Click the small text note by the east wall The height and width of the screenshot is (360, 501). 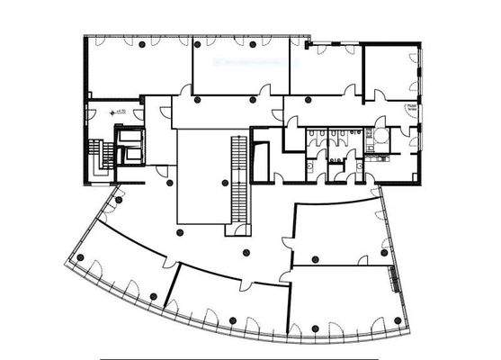[409, 106]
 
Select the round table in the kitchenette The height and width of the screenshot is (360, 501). [380, 133]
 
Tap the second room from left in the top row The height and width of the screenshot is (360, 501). [239, 67]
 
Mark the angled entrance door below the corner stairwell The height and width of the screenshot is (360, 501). [117, 193]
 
